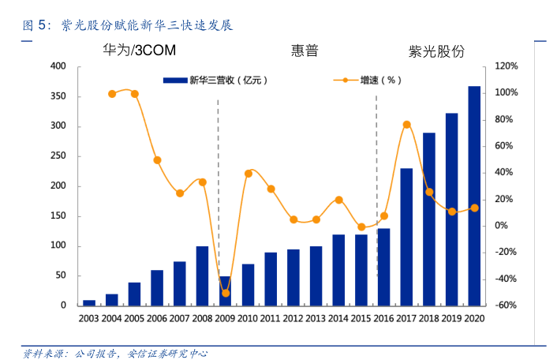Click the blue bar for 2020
coord(474,196)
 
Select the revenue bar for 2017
coord(406,237)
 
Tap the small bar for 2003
coord(89,302)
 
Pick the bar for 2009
coord(225,291)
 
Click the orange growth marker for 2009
coord(226,293)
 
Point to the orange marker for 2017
coord(406,125)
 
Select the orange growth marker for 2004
coord(112,94)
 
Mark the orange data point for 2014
coord(338,200)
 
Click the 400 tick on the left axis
coord(58,66)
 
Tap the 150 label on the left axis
coord(58,216)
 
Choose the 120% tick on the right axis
coord(506,66)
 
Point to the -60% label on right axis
coord(506,306)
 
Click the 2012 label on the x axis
coord(293,318)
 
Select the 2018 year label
coord(428,318)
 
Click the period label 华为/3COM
coord(140,51)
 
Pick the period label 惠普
coord(305,51)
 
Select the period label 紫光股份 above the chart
coord(436,51)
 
